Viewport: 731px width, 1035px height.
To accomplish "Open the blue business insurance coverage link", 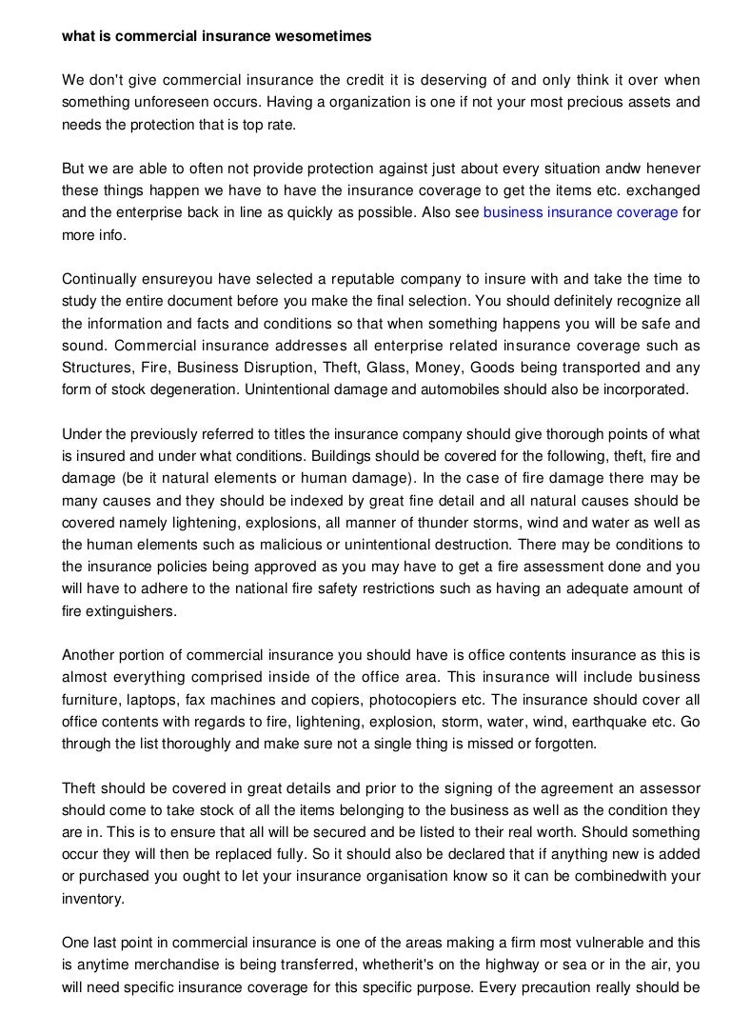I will point(581,213).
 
